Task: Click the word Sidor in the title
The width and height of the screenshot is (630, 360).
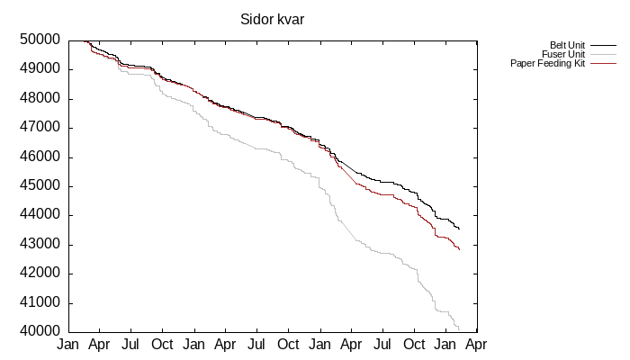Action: tap(256, 19)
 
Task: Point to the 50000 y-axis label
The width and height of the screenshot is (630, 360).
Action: tap(40, 40)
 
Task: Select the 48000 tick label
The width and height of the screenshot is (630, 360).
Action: tap(40, 98)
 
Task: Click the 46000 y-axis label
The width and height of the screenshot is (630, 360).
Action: tap(40, 157)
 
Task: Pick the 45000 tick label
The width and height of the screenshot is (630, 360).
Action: tap(40, 186)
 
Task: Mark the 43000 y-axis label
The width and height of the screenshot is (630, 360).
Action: tap(40, 244)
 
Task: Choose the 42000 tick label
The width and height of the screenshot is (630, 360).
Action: tap(40, 274)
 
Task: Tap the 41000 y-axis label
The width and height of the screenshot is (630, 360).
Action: tap(40, 302)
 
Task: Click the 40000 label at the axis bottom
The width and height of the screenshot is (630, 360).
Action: tap(40, 332)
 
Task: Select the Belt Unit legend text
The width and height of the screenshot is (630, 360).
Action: tap(568, 46)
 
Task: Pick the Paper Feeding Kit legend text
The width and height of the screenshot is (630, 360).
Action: tap(548, 64)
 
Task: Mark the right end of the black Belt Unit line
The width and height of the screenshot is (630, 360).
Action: tap(459, 229)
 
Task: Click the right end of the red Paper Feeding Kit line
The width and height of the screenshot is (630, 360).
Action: tap(459, 249)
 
